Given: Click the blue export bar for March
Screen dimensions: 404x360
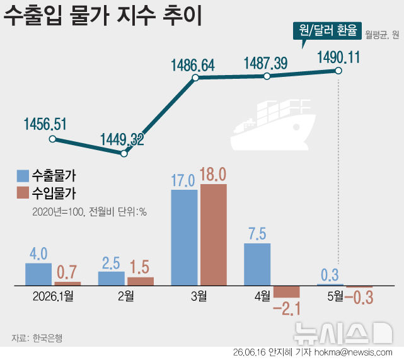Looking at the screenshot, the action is pyautogui.click(x=184, y=238).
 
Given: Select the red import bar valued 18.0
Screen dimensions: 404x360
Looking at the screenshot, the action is pyautogui.click(x=214, y=235).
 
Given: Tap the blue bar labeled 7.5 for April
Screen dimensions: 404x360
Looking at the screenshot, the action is pyautogui.click(x=257, y=264).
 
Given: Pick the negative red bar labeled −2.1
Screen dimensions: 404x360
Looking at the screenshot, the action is pyautogui.click(x=287, y=292).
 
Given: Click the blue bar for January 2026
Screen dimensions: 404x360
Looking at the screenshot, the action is pyautogui.click(x=38, y=274).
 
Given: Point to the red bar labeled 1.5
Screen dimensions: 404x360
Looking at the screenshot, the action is pyautogui.click(x=141, y=281).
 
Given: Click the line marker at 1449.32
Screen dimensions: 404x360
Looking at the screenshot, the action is pyautogui.click(x=124, y=154).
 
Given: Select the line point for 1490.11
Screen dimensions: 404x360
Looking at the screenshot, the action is pyautogui.click(x=338, y=71).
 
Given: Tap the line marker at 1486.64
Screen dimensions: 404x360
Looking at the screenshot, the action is pyautogui.click(x=195, y=78).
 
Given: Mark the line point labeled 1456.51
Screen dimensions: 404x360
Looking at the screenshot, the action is pyautogui.click(x=52, y=139).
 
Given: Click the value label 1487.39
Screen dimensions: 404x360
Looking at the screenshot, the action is pyautogui.click(x=265, y=64).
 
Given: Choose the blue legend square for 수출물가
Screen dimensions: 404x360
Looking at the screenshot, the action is pyautogui.click(x=23, y=176).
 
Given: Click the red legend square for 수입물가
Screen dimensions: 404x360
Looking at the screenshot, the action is pyautogui.click(x=23, y=193).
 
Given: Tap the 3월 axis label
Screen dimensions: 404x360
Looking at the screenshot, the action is pyautogui.click(x=199, y=296).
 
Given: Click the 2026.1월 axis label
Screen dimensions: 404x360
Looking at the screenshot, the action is pyautogui.click(x=53, y=296).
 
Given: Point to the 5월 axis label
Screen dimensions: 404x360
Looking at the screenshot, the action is pyautogui.click(x=335, y=296).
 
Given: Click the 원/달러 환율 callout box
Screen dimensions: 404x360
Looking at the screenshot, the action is pyautogui.click(x=327, y=31).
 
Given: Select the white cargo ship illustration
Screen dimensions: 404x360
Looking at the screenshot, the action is pyautogui.click(x=274, y=125).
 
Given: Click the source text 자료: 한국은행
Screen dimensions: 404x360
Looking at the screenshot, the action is pyautogui.click(x=37, y=338).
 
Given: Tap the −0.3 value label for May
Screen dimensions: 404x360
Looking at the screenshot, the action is pyautogui.click(x=359, y=298).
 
